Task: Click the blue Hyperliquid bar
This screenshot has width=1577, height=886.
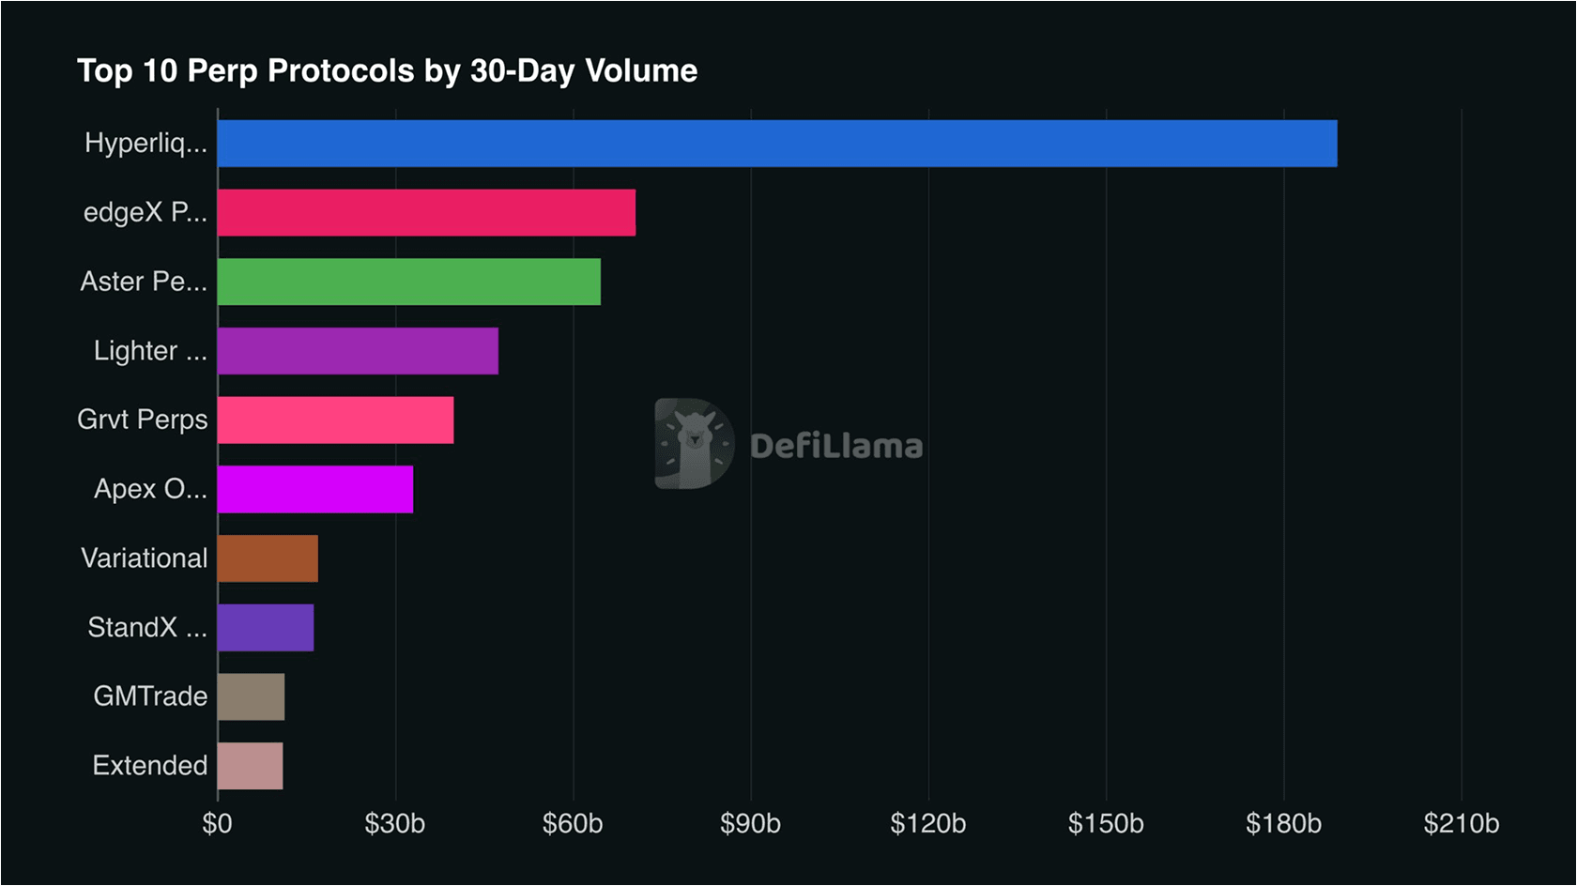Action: tap(777, 144)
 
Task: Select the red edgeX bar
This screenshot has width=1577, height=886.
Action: tap(426, 212)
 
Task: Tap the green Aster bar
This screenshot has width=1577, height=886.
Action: tap(409, 282)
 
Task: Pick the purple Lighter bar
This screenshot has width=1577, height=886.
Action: tap(358, 351)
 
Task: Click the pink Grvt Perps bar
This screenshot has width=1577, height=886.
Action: tap(335, 420)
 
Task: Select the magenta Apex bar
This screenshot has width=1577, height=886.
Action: tap(315, 489)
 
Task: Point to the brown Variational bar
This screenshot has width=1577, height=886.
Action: tap(268, 558)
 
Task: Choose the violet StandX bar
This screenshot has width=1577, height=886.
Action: tap(266, 627)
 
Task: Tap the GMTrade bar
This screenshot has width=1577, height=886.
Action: tap(251, 696)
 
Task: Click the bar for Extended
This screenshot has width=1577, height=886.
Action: tap(250, 766)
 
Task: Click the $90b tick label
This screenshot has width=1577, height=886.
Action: tap(750, 824)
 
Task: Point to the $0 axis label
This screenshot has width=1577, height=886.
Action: tap(217, 824)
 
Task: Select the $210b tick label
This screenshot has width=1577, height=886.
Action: tap(1461, 824)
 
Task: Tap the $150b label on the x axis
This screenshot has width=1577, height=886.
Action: tap(1106, 824)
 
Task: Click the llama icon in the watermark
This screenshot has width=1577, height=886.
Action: tap(694, 443)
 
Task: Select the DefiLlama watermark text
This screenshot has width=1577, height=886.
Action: tap(835, 446)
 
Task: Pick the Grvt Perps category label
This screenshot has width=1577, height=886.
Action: tap(143, 420)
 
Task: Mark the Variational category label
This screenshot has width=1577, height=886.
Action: tap(144, 558)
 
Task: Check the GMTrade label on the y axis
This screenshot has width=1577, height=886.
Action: tap(150, 696)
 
